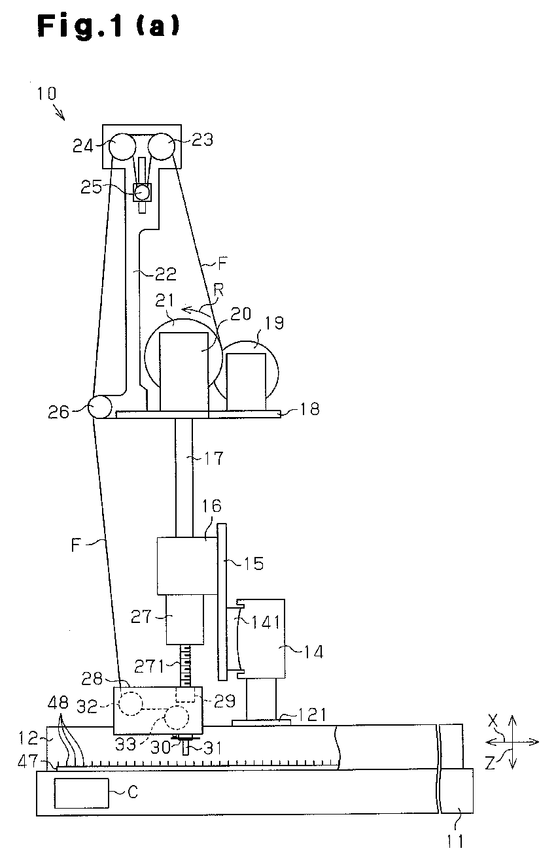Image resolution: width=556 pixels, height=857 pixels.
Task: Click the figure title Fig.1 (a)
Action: pos(109,27)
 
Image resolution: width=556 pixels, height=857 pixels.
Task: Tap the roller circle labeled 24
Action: pos(122,146)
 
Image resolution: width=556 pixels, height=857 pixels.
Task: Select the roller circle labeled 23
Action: pos(161,146)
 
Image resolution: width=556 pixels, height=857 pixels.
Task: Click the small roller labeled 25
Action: pos(142,192)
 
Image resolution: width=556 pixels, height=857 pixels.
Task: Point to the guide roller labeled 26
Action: pos(99,407)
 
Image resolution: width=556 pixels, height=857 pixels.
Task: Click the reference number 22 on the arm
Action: pos(165,273)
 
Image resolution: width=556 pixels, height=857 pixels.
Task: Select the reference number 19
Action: pos(275,324)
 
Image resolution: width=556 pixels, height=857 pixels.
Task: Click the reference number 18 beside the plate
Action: pos(309,409)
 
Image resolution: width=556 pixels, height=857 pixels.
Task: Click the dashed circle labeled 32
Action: pos(130,703)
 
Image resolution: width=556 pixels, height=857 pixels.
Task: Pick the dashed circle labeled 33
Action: pos(177,718)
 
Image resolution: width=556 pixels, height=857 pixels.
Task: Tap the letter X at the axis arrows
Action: pos(493,721)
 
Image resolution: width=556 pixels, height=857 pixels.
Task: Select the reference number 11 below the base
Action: pos(455,841)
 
